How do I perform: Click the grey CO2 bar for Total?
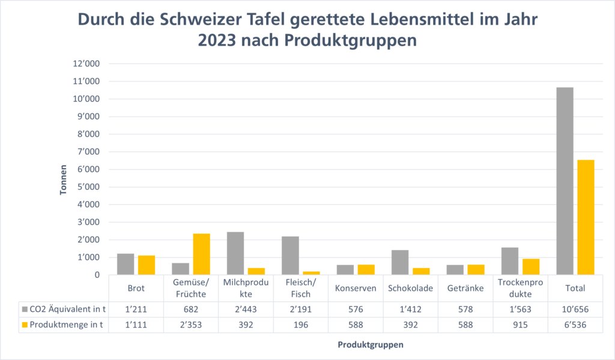[565, 181]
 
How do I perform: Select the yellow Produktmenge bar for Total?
[586, 217]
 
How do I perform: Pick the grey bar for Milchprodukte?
[235, 253]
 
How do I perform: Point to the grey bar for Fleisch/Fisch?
[290, 255]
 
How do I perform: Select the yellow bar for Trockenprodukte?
[531, 267]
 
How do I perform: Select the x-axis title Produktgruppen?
[370, 345]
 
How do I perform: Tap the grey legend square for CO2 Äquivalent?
[25, 309]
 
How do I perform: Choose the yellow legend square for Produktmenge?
[25, 324]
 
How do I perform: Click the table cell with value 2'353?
[191, 324]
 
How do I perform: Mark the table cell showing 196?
[301, 324]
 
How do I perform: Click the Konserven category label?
[356, 288]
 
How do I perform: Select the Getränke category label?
[465, 288]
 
